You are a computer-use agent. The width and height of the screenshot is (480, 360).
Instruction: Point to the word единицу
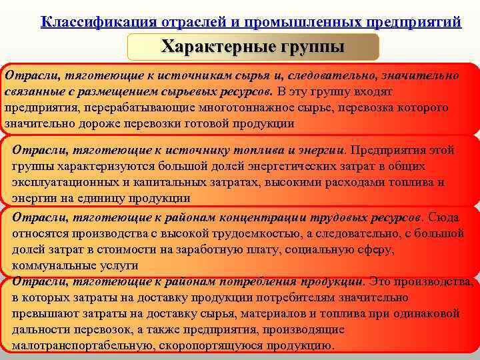point(109,198)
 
